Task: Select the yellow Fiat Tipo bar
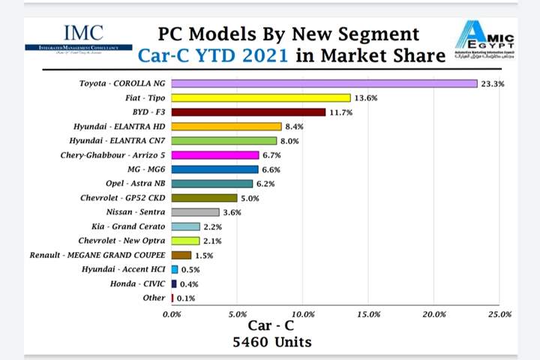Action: click(261, 97)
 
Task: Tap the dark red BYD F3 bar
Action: click(248, 112)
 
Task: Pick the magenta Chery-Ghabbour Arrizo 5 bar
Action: click(215, 155)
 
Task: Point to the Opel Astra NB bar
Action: click(212, 184)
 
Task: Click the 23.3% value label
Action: click(493, 84)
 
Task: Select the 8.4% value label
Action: click(295, 127)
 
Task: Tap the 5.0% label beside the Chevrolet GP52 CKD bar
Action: click(251, 199)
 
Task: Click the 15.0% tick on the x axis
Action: click(368, 313)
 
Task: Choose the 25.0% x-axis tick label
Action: click(499, 313)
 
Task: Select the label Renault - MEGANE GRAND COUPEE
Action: click(98, 256)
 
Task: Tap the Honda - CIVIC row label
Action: click(139, 284)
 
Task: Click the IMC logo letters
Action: click(83, 33)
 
